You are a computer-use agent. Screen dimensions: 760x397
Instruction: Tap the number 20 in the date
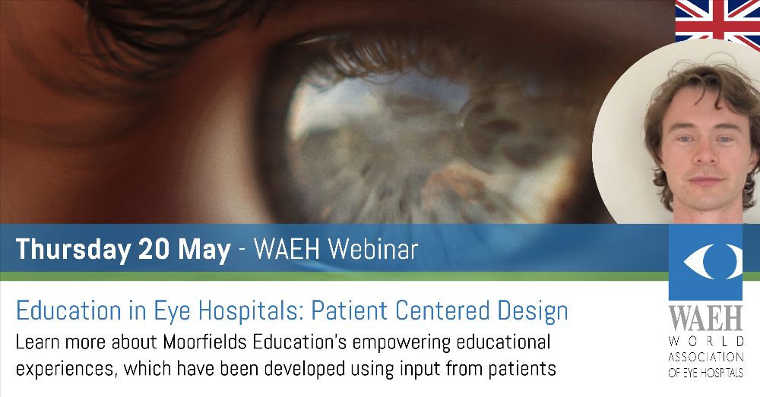tap(154, 250)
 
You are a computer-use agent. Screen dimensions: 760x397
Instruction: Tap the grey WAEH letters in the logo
tap(706, 317)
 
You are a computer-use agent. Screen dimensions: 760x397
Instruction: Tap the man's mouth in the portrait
tap(706, 181)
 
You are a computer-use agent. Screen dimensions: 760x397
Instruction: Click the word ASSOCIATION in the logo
tap(706, 358)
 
